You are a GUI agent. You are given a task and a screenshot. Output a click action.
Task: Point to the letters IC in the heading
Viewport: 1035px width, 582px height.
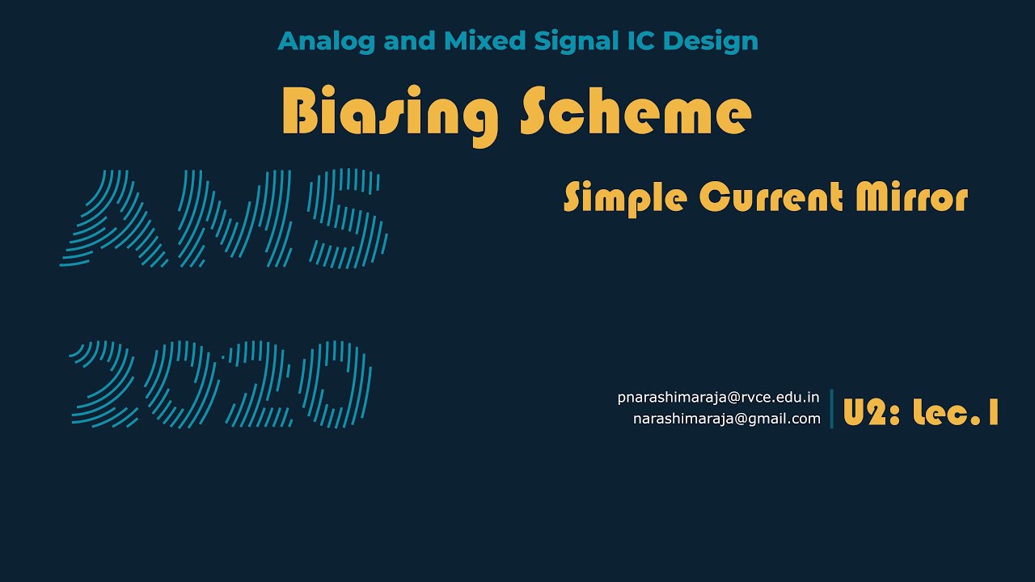643,41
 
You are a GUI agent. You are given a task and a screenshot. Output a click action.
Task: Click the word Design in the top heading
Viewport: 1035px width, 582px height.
712,41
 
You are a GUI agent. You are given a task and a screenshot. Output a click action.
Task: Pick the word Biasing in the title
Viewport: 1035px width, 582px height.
389,113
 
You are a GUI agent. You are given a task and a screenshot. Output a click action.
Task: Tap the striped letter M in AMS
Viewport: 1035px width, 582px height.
239,218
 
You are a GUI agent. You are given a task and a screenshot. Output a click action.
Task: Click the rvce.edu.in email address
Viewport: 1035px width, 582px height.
719,398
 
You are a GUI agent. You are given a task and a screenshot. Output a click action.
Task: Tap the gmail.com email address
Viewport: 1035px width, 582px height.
726,419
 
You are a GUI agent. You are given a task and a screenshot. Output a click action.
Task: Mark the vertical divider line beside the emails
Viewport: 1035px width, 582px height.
831,408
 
